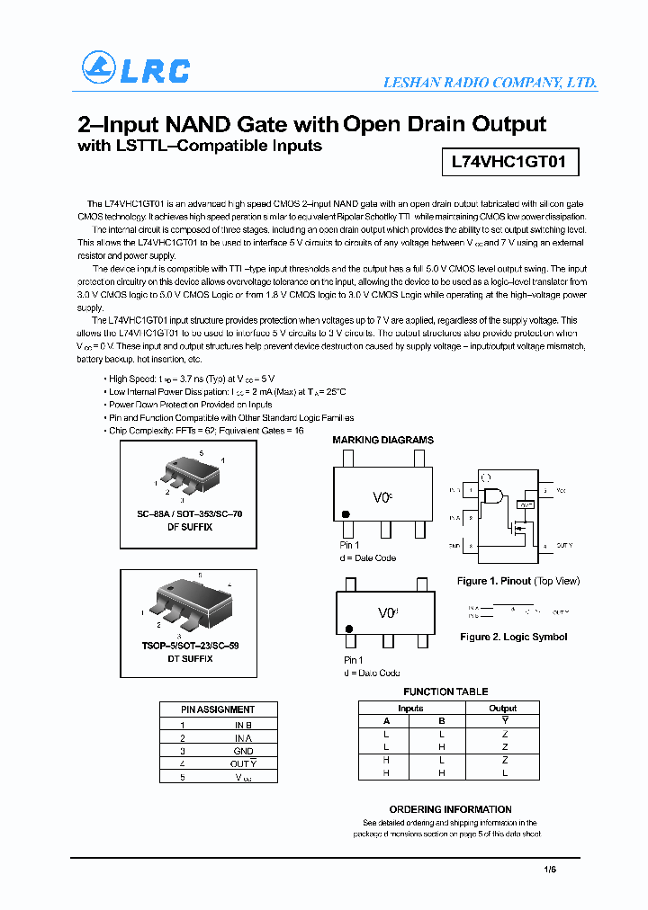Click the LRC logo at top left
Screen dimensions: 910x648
[x=136, y=68]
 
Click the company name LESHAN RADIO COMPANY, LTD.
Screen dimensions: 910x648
[x=490, y=82]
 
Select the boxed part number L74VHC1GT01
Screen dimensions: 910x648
[x=508, y=163]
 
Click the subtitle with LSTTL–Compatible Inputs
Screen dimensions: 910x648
[x=200, y=146]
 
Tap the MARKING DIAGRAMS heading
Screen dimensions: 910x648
[x=382, y=440]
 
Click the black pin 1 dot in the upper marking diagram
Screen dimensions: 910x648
[x=345, y=514]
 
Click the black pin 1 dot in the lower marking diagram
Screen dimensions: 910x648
[x=348, y=629]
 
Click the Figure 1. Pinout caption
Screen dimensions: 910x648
[x=517, y=581]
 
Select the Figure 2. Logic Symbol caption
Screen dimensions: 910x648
[x=513, y=637]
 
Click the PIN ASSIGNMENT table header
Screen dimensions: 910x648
[x=218, y=709]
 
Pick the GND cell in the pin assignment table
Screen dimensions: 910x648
[x=243, y=750]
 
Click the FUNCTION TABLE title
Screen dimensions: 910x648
[x=445, y=691]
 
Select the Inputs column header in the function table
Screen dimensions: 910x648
[x=410, y=709]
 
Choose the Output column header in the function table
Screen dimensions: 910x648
[x=502, y=709]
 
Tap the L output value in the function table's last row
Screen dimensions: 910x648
[x=504, y=772]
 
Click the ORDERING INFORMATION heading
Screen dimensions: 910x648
[x=450, y=809]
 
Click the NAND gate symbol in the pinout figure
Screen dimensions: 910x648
[x=492, y=495]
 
